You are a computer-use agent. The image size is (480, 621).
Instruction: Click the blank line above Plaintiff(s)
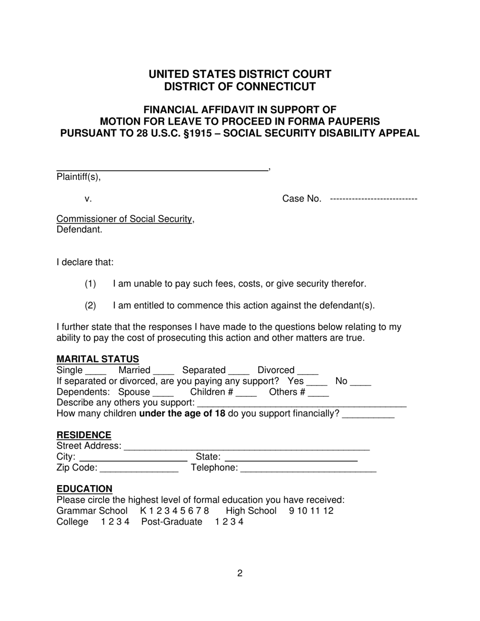(x=162, y=170)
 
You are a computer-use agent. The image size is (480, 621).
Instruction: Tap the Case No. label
(x=302, y=199)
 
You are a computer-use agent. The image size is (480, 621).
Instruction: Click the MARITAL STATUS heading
(x=98, y=359)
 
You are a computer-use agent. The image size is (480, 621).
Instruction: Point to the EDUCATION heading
(x=84, y=489)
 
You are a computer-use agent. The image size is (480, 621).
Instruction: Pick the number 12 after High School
(x=328, y=511)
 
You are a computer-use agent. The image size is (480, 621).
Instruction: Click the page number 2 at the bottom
(x=240, y=573)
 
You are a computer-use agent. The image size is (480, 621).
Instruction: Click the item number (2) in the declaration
(x=90, y=305)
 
